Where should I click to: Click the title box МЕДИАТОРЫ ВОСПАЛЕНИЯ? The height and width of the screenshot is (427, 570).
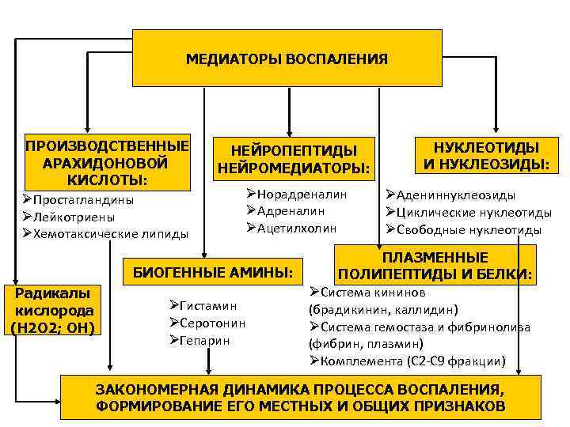pos(287,59)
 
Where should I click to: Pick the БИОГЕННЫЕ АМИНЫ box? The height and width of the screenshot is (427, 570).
pos(212,273)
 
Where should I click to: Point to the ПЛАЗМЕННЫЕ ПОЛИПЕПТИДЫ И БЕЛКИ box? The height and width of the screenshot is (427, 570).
pos(435,266)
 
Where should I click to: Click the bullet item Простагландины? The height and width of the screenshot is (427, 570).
pos(83,199)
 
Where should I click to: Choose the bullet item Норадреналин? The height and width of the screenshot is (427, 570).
pos(302,194)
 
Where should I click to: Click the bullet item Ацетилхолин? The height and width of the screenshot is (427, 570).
pos(296,228)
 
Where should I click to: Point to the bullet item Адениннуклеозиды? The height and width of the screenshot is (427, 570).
pos(455,195)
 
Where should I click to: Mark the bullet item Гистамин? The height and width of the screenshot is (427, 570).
pos(209,305)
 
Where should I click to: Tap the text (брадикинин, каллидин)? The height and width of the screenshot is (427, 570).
pos(383,309)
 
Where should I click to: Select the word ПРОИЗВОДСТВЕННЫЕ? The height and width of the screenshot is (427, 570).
pos(107,146)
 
